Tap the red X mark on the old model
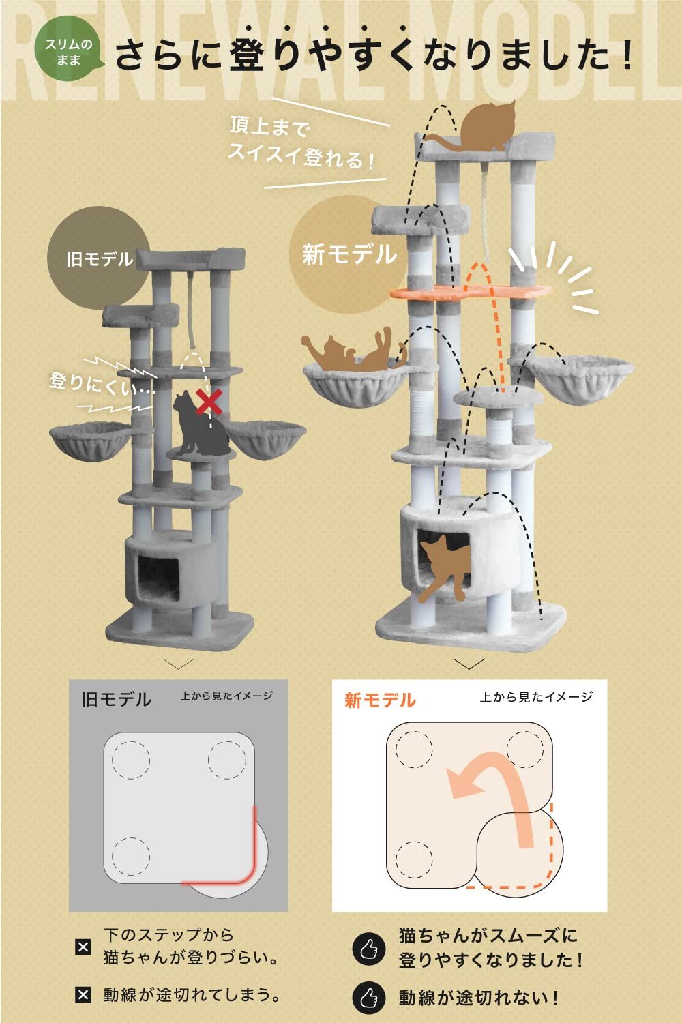[210, 402]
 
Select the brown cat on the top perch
[486, 127]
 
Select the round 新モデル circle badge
[349, 255]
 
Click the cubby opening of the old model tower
[158, 577]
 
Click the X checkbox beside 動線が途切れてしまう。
[83, 995]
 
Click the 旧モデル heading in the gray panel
[117, 700]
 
